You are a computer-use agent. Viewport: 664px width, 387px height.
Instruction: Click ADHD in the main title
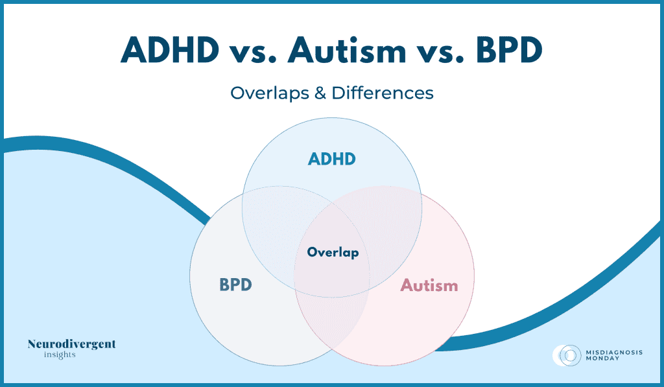(170, 50)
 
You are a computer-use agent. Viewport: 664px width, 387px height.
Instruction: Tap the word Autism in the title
(347, 50)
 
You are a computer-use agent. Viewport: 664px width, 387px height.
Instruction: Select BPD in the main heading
(509, 50)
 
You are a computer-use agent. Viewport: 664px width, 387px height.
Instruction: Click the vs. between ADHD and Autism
(254, 53)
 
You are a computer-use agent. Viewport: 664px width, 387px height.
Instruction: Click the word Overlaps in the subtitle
(270, 93)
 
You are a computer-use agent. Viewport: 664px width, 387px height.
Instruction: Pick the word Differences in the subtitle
(383, 93)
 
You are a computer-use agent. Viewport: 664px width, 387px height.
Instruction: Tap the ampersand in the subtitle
(320, 93)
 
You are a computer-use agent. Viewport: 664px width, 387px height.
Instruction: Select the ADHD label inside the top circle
(331, 159)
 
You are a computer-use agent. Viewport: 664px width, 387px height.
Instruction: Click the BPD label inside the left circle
(235, 285)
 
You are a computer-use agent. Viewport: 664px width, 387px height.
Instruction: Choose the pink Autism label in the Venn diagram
(429, 285)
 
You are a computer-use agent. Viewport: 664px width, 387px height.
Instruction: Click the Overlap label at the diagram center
(333, 252)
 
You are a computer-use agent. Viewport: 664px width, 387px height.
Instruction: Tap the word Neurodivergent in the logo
(71, 344)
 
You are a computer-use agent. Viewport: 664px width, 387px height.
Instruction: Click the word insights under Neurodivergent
(60, 355)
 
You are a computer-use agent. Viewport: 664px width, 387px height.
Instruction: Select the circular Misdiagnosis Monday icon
(567, 355)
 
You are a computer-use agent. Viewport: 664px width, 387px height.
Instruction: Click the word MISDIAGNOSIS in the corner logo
(614, 352)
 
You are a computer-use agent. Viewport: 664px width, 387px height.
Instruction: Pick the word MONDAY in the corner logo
(602, 358)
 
